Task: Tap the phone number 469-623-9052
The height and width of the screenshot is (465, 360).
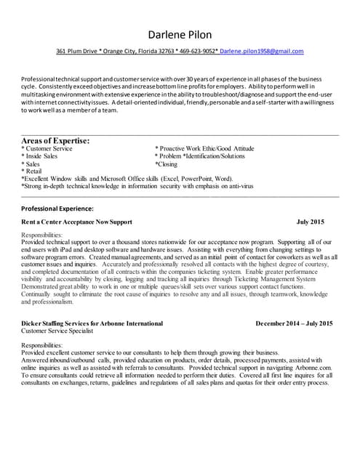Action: click(196, 52)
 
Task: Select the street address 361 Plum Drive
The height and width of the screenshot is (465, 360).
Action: click(76, 52)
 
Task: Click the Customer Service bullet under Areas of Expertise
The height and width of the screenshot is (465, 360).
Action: click(48, 149)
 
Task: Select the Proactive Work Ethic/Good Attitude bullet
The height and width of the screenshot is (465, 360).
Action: click(205, 149)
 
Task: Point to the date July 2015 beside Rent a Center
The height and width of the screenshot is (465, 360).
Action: click(311, 221)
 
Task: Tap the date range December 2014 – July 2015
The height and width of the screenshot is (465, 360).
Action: click(295, 323)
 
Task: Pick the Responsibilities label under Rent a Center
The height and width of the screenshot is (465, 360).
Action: click(42, 235)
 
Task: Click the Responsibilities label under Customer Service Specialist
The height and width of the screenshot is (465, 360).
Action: click(42, 344)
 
